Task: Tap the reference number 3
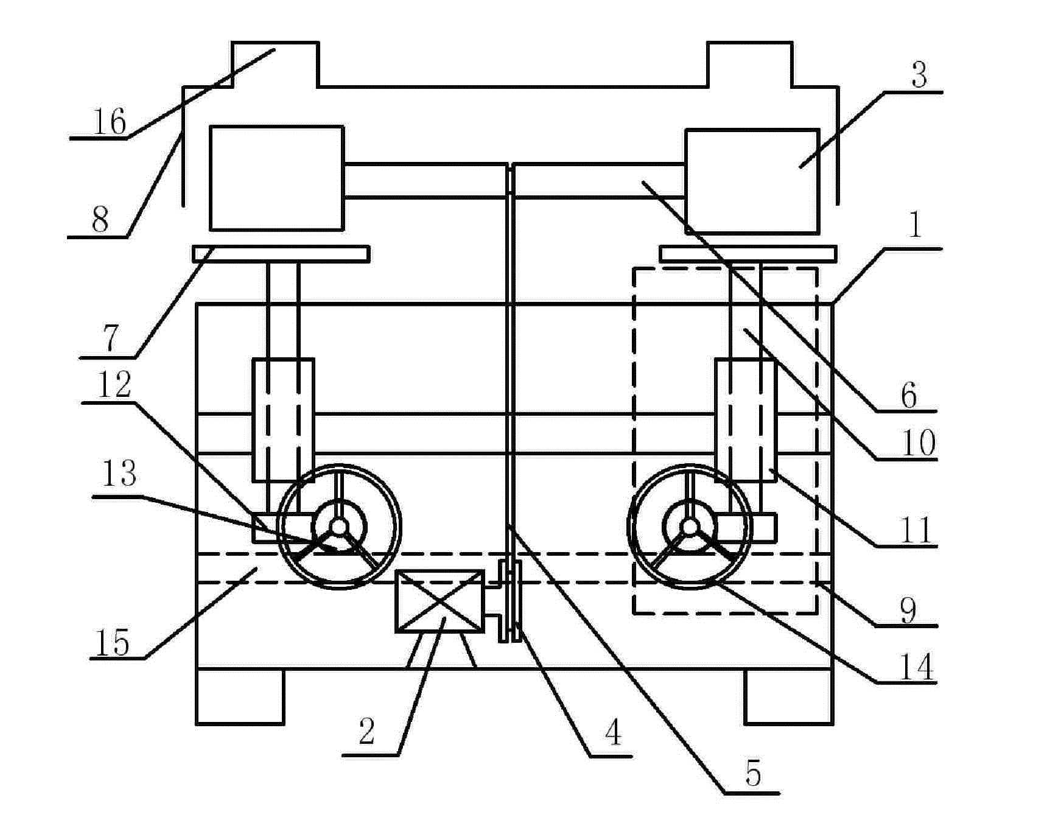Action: (919, 75)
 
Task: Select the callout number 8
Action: (100, 220)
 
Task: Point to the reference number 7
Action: (110, 338)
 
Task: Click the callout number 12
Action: (114, 385)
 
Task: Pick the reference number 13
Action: (119, 473)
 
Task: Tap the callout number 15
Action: (113, 643)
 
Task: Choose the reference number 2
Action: (366, 731)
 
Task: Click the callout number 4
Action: (613, 732)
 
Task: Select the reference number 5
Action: (753, 774)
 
